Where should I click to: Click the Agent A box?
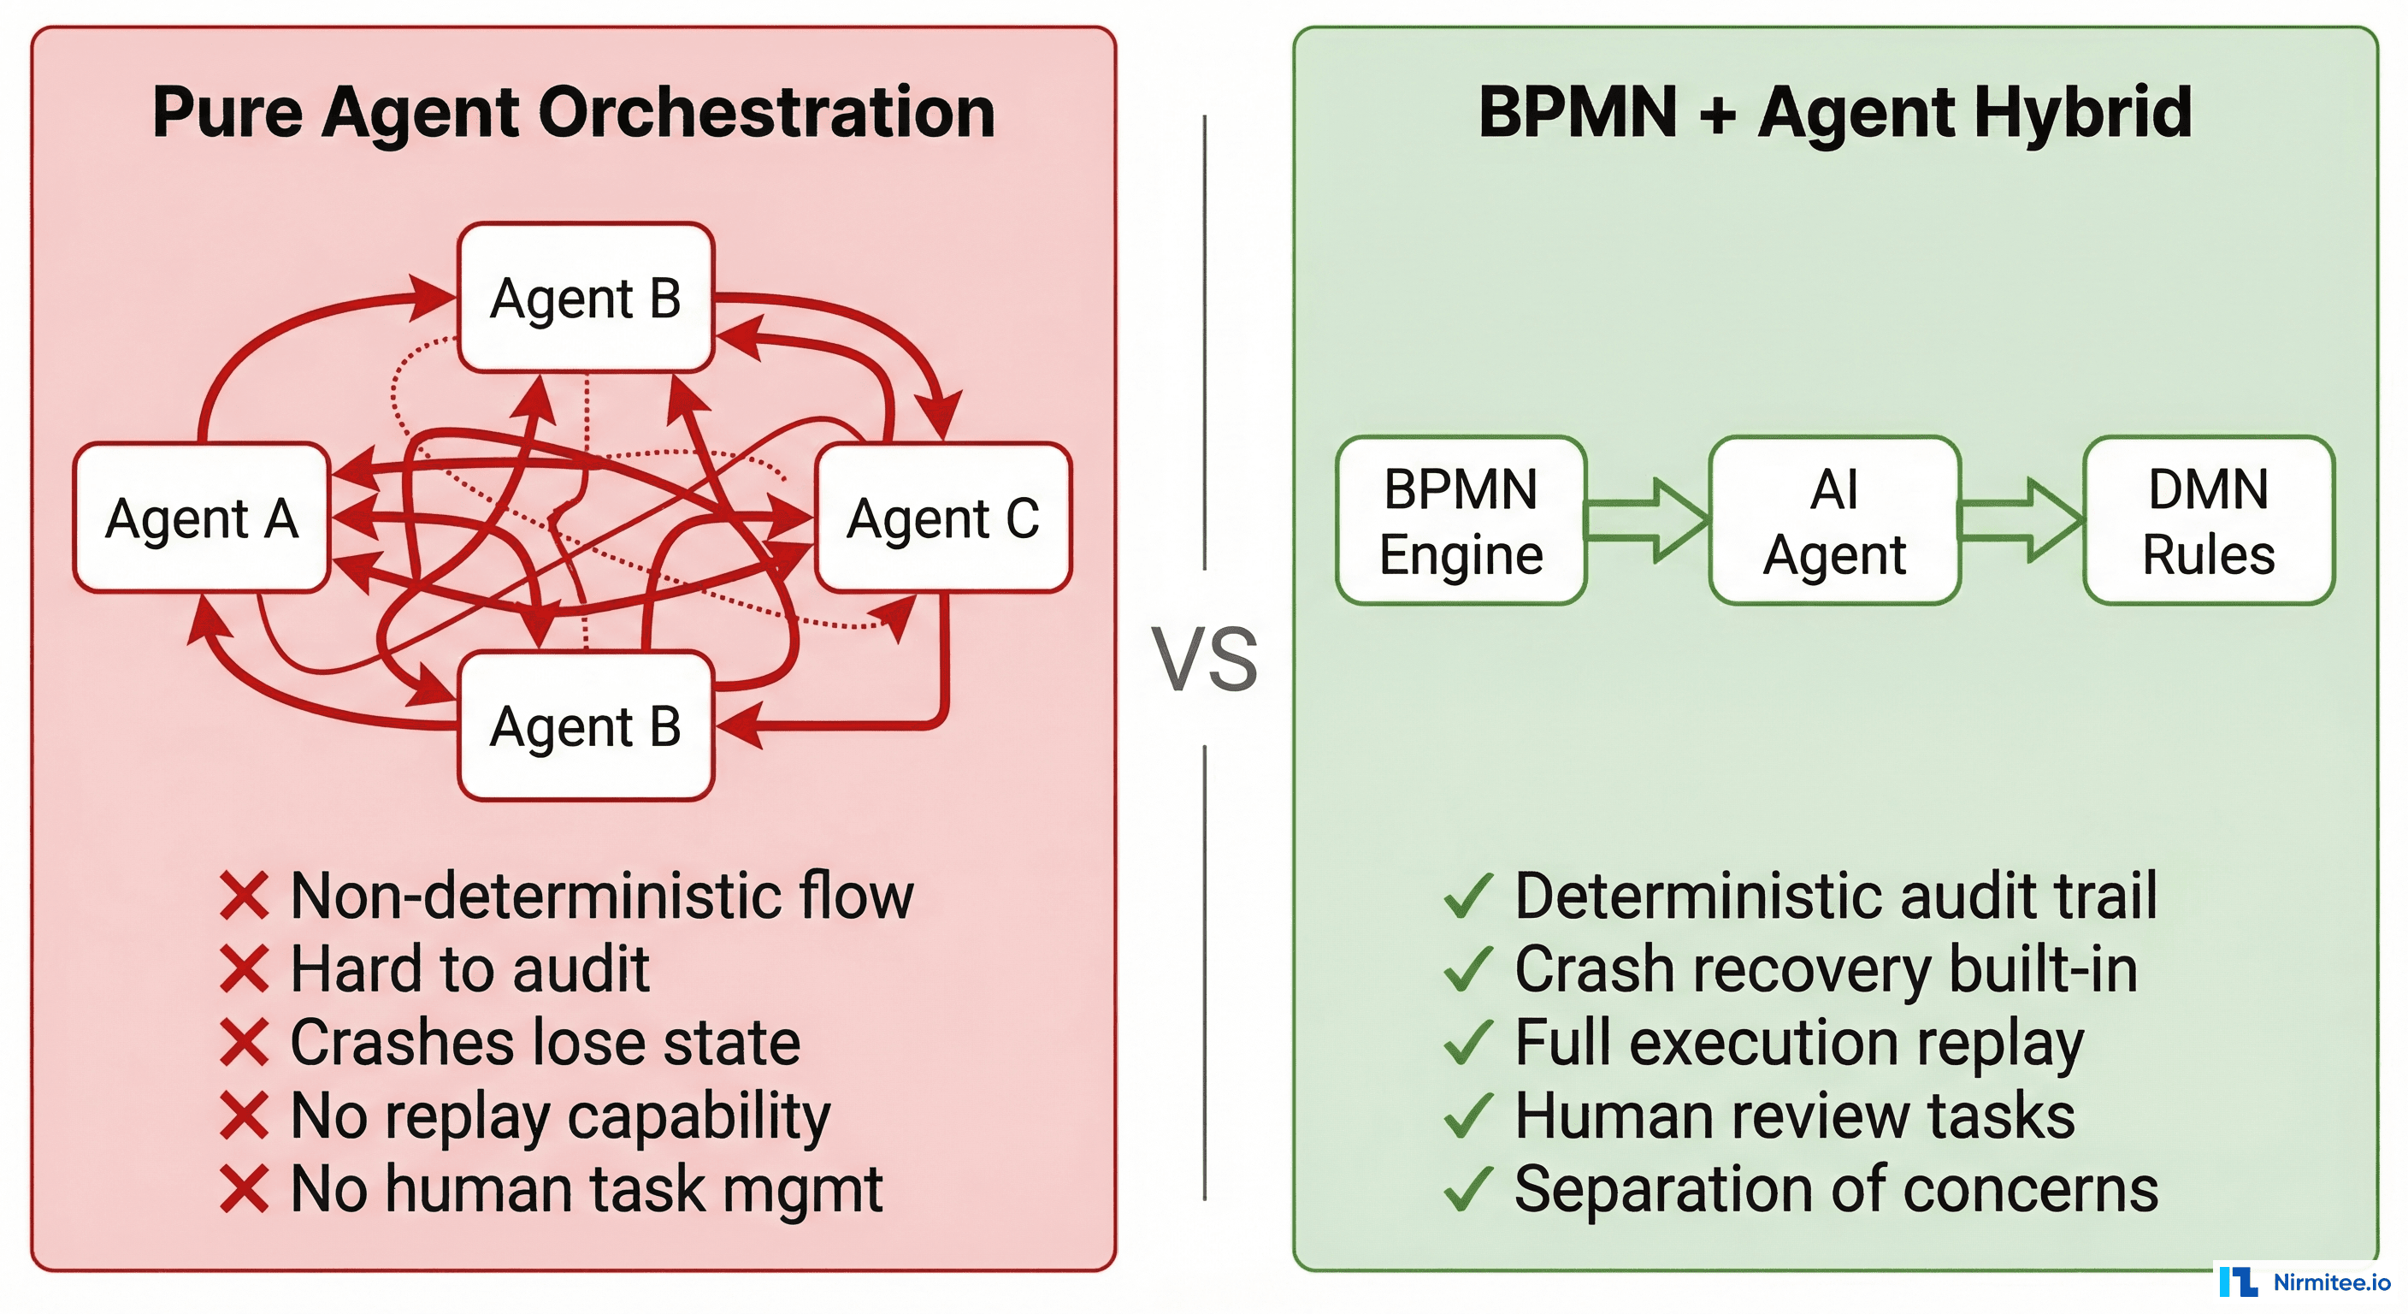click(x=201, y=518)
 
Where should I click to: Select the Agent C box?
click(x=942, y=518)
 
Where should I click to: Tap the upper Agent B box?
click(x=586, y=298)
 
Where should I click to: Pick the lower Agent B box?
click(x=586, y=725)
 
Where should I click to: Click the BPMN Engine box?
click(x=1461, y=521)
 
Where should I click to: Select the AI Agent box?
click(x=1834, y=521)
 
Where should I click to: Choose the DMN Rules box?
click(x=2208, y=521)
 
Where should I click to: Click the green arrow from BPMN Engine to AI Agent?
click(x=1648, y=520)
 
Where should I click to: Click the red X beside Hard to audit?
click(x=245, y=969)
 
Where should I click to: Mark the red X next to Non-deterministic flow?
click(x=245, y=895)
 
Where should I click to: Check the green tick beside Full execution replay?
click(x=1467, y=1042)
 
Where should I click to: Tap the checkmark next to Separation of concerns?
click(x=1467, y=1189)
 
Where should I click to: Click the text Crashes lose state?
click(x=545, y=1042)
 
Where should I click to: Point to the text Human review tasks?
click(x=1795, y=1115)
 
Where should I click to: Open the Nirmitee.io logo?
click(x=2305, y=1282)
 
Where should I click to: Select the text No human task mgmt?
click(x=586, y=1189)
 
